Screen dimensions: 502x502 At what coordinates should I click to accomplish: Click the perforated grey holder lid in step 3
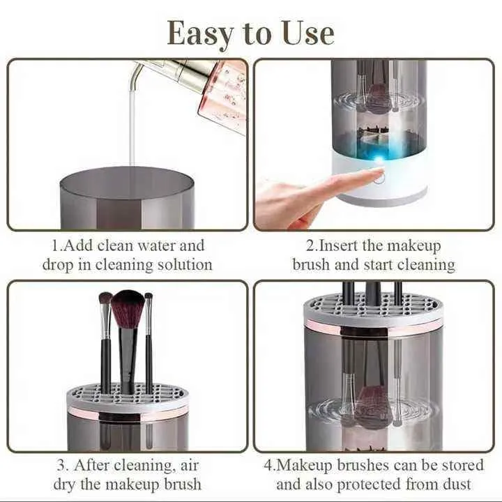click(128, 397)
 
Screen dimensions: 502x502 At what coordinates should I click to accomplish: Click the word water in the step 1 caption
click(184, 245)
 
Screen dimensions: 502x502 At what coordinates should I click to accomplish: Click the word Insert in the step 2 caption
click(342, 245)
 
